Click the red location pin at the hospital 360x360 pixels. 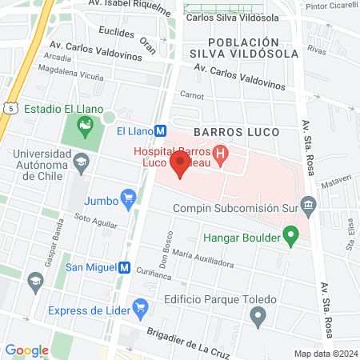180,166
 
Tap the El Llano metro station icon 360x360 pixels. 160,131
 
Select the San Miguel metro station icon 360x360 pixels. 124,268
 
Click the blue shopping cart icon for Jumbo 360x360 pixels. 127,197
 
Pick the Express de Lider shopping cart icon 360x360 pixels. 141,306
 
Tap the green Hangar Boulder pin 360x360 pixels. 291,237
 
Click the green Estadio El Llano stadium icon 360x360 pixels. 83,125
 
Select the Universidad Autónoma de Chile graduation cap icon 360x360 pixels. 81,163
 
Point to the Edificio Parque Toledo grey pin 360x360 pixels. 257,317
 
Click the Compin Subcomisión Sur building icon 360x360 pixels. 310,206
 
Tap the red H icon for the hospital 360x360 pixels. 222,151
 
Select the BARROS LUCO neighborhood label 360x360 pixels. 236,131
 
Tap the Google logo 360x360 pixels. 26,350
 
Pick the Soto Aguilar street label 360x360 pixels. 90,216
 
